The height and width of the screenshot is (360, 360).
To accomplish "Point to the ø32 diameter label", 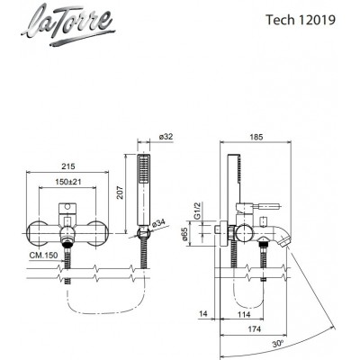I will point(155,138).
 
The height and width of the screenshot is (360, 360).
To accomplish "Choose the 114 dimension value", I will point(242,315).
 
